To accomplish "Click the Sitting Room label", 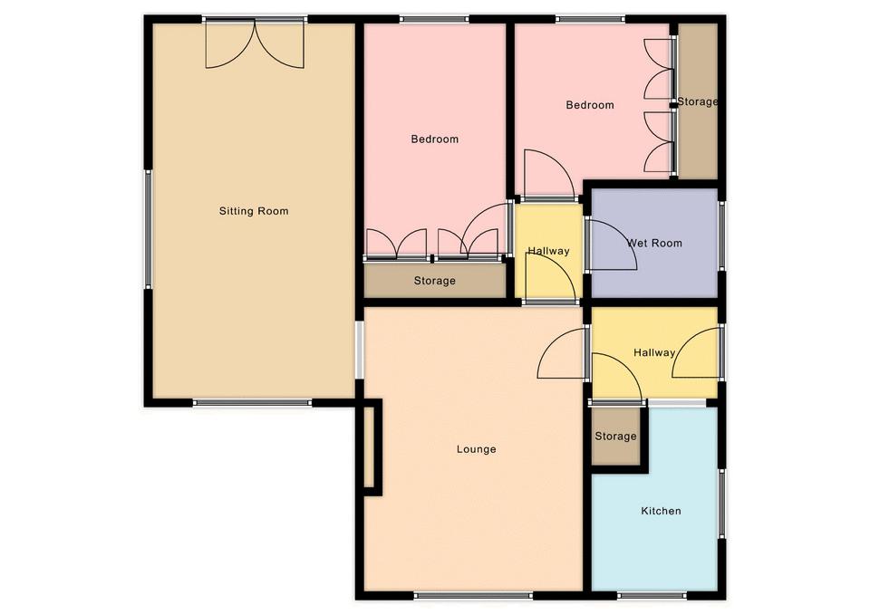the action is (x=254, y=211).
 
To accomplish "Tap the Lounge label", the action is (x=476, y=449).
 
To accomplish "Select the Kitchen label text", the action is (x=661, y=511).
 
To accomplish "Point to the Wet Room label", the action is (x=654, y=243).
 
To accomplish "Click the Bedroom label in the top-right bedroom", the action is (x=590, y=105).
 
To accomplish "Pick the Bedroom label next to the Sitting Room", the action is (x=434, y=139).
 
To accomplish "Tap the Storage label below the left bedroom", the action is (x=434, y=281).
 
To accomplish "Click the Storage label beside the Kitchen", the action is (x=615, y=437).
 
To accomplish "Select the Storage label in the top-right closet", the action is (x=698, y=102).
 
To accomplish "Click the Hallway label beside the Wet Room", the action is (x=548, y=251).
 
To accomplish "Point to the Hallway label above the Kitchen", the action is (x=654, y=352).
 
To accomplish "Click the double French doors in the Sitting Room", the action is (x=255, y=44).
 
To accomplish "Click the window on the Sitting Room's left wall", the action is (x=148, y=229).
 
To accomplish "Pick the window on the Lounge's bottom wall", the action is (x=473, y=596).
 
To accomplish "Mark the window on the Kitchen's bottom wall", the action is (x=652, y=596).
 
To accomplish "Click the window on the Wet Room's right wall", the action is (x=722, y=235).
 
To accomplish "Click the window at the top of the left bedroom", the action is (x=434, y=20).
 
